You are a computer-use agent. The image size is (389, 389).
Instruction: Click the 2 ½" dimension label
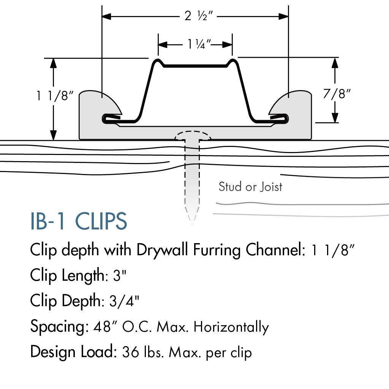click(x=199, y=16)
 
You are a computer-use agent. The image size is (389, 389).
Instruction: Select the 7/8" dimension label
click(x=337, y=94)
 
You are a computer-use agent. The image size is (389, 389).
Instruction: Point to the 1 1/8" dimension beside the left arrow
click(x=55, y=95)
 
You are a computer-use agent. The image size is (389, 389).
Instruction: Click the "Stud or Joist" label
click(x=250, y=187)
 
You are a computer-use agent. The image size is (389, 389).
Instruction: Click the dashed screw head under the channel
click(x=193, y=136)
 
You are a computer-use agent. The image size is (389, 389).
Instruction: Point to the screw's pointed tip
click(x=192, y=224)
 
